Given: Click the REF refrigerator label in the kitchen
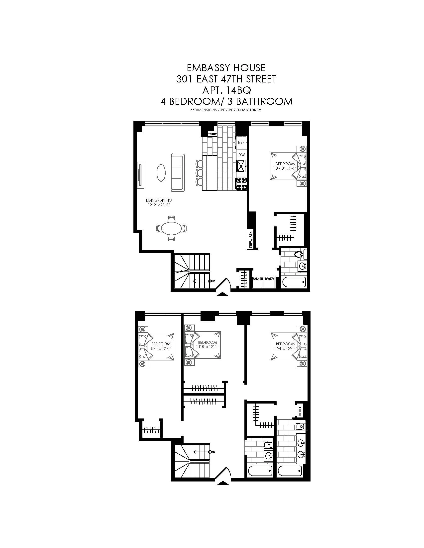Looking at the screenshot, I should pyautogui.click(x=241, y=142).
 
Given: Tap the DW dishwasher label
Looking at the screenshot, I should pyautogui.click(x=241, y=155).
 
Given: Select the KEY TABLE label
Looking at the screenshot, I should pyautogui.click(x=250, y=240).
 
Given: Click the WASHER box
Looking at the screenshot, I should pyautogui.click(x=257, y=279).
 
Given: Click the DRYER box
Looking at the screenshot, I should pyautogui.click(x=269, y=279).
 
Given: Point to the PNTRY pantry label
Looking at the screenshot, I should pyautogui.click(x=212, y=134).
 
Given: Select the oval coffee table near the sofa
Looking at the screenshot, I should pyautogui.click(x=161, y=173).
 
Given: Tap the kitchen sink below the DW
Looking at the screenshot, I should pyautogui.click(x=241, y=166).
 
